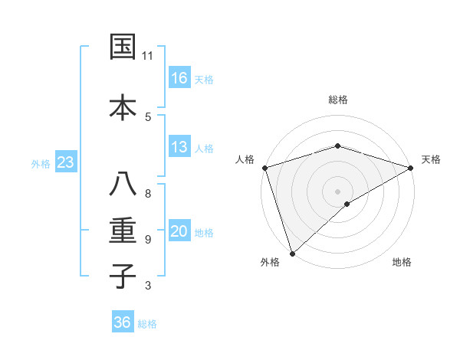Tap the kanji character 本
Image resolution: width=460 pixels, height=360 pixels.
(123, 106)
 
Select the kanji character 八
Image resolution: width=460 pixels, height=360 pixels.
(123, 185)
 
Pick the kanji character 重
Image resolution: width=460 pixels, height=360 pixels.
(123, 230)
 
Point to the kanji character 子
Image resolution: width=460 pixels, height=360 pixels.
(123, 275)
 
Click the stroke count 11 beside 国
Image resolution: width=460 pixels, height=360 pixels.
(147, 56)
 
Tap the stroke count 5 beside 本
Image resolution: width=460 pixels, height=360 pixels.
(147, 116)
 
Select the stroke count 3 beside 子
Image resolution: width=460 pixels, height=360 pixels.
(147, 286)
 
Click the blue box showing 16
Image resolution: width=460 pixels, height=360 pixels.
(179, 77)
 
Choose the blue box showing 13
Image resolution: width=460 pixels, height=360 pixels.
(179, 147)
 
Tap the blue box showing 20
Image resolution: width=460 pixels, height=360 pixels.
(179, 232)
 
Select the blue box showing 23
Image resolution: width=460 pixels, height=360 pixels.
(65, 162)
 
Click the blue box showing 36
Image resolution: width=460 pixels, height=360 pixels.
(123, 322)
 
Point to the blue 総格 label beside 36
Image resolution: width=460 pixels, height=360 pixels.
(147, 324)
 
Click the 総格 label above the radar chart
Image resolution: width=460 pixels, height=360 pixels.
(337, 100)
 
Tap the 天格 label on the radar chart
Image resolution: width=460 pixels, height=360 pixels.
(431, 159)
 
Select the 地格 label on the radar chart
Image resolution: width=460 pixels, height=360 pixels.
(402, 262)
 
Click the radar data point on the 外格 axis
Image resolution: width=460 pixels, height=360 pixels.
(292, 254)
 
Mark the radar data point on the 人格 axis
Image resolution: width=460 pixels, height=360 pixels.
(264, 168)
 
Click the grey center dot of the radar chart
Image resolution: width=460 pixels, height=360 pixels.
(337, 191)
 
